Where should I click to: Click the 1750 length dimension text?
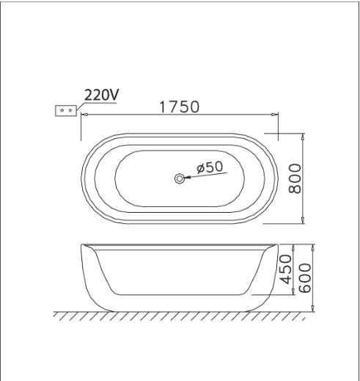180,107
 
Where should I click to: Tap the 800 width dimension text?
295,178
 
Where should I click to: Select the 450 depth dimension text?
285,269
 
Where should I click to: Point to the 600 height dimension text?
305,278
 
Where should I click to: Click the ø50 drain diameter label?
210,167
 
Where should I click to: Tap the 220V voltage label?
101,95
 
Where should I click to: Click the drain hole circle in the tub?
180,178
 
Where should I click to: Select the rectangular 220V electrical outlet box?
66,111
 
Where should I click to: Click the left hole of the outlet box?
62,111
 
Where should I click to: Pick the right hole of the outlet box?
70,111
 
